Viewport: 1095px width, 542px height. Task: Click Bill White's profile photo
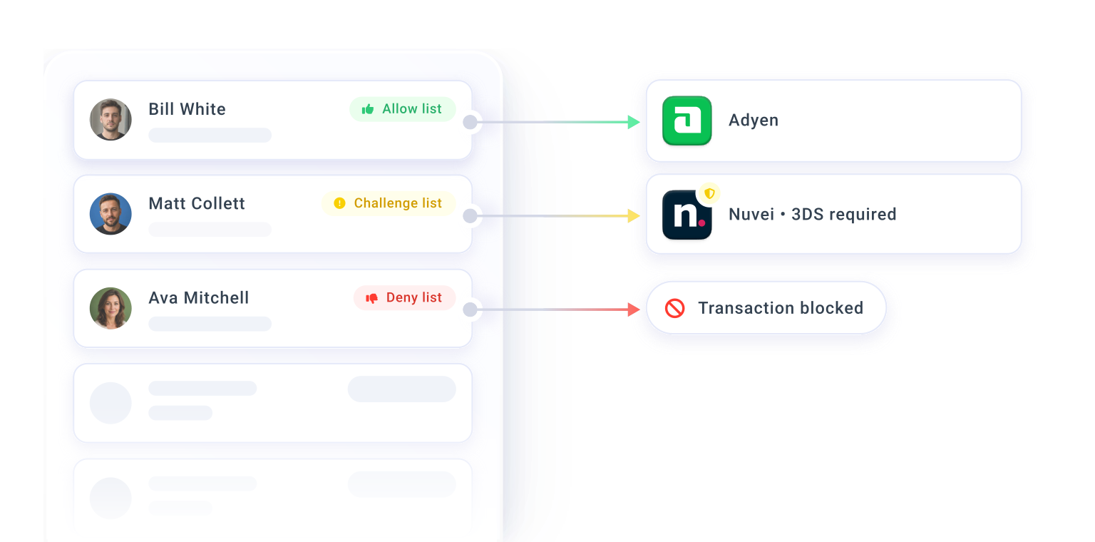[110, 119]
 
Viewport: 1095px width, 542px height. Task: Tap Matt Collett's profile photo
[110, 214]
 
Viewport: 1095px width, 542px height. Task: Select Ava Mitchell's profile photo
[110, 308]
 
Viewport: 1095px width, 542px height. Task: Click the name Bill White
[187, 109]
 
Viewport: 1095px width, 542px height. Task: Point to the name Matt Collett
[197, 203]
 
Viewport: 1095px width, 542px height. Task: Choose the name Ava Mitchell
[198, 298]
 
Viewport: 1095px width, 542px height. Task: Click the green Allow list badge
[402, 109]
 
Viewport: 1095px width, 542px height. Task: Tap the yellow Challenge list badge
[389, 203]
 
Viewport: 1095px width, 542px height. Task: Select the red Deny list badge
[404, 298]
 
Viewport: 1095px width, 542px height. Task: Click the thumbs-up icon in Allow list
[368, 109]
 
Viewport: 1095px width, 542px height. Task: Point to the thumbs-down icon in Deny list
[371, 298]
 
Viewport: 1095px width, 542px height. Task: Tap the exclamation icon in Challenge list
[339, 203]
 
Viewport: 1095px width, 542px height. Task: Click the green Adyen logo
[687, 121]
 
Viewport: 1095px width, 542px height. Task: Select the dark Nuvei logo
[687, 215]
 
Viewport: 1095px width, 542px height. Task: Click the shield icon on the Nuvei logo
[710, 194]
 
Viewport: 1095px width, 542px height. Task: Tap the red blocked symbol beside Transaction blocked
[674, 308]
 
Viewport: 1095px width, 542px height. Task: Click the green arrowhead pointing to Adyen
[634, 122]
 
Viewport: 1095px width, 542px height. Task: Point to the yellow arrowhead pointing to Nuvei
[634, 215]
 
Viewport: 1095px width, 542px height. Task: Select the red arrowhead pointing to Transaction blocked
[634, 310]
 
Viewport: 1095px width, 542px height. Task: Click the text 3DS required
[844, 214]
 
